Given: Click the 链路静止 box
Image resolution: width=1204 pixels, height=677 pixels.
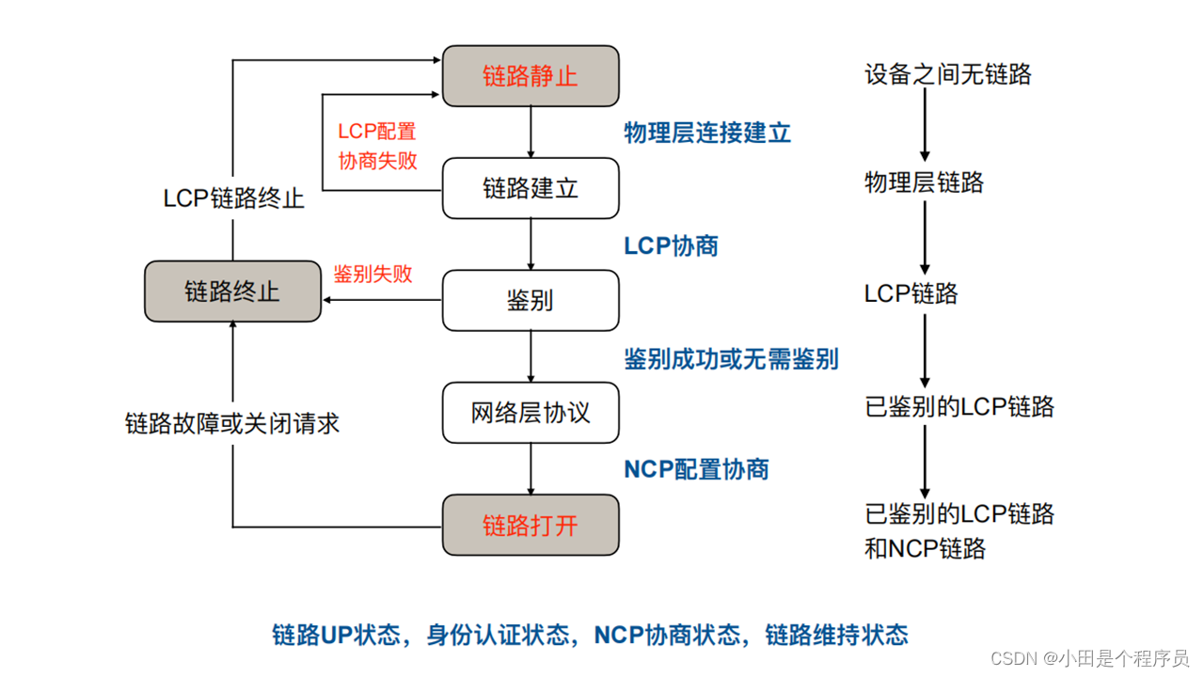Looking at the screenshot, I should click(531, 76).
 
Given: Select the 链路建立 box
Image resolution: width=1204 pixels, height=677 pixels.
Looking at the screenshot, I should click(531, 188).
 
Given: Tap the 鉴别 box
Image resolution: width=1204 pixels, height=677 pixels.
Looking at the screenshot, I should click(531, 301).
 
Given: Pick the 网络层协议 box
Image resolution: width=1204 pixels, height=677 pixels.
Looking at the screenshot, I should click(531, 413).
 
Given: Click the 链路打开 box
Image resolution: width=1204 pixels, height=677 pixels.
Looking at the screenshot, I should click(531, 525).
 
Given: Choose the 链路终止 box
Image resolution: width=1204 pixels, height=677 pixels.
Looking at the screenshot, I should click(232, 291).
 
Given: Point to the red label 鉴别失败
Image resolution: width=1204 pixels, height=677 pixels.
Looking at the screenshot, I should click(373, 274).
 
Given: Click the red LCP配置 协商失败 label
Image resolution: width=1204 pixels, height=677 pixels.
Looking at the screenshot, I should click(377, 147).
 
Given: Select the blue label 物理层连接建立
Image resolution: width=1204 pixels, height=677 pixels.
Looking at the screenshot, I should click(707, 133).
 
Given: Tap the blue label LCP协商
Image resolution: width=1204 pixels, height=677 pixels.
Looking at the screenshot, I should click(671, 245).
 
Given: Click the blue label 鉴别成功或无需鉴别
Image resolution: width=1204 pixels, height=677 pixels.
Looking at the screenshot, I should click(731, 358).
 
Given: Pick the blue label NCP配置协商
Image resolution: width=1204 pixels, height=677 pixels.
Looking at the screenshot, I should click(696, 469).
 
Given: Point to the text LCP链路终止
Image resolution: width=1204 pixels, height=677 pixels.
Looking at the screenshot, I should click(233, 198).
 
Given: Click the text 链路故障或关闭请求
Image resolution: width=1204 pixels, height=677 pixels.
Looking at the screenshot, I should click(232, 424).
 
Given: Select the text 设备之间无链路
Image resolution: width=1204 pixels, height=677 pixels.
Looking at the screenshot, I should click(947, 74).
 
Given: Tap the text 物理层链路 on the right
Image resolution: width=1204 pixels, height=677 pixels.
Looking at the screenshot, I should click(924, 182).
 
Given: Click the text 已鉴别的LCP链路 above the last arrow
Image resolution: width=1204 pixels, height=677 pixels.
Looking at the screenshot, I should click(958, 407).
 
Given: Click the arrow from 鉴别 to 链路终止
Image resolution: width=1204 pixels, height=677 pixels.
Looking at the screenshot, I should click(382, 301).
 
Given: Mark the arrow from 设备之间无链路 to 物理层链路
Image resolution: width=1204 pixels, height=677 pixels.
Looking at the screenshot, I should click(925, 127).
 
